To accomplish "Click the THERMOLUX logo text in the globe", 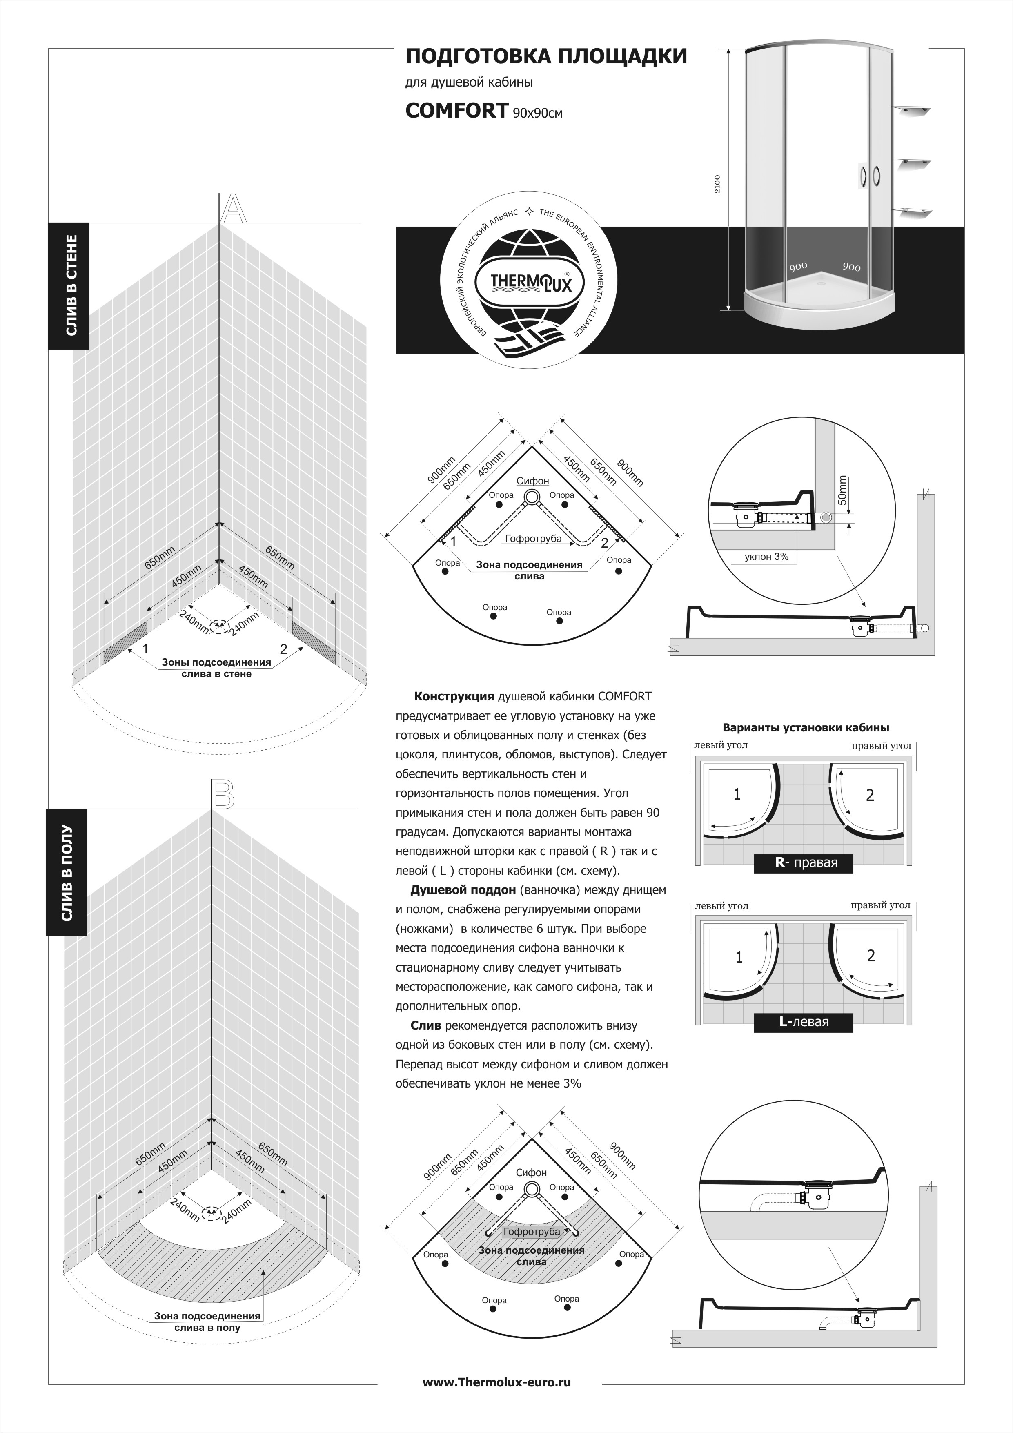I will click(529, 282).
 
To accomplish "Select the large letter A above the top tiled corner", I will click(234, 208).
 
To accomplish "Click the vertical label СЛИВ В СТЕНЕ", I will click(71, 285).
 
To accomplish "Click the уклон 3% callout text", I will click(766, 557).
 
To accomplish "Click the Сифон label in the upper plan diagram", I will click(532, 481).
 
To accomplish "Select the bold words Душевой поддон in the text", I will click(463, 890).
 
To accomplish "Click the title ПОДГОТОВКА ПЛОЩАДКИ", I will click(546, 57).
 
